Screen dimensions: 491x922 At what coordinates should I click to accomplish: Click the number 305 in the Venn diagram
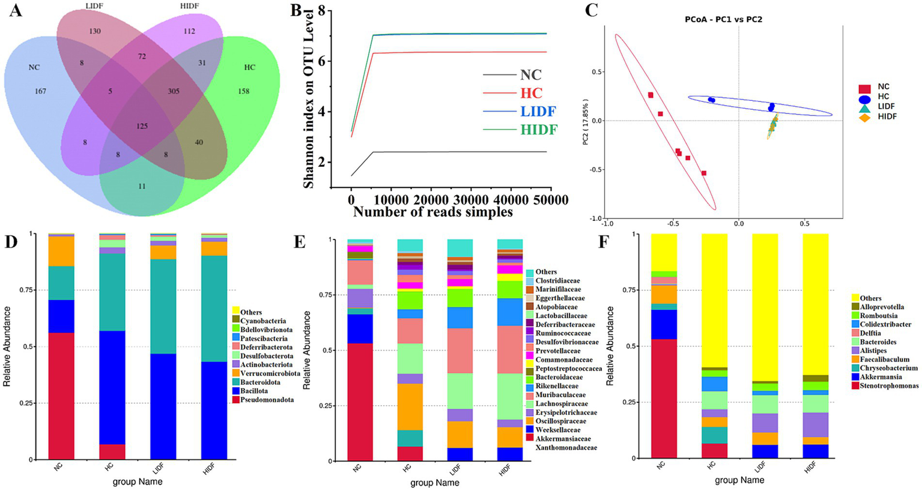174,91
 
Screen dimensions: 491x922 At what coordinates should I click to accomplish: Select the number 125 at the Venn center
142,126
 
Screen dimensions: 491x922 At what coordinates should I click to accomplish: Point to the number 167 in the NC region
41,91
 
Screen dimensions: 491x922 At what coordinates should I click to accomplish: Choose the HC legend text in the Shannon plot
531,93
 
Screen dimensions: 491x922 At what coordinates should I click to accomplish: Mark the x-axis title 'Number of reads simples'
433,211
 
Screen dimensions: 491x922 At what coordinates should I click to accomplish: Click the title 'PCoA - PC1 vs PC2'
724,19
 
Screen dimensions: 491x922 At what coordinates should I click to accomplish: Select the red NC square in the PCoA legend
865,88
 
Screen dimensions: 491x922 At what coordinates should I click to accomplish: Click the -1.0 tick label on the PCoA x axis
607,223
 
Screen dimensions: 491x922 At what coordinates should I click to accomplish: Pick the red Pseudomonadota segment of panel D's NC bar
61,396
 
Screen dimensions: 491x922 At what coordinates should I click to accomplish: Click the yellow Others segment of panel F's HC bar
714,300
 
